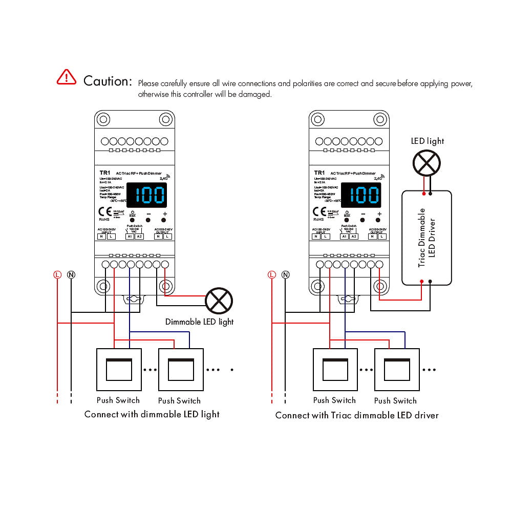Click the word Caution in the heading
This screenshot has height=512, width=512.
click(108, 81)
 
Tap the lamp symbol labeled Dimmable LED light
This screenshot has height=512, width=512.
click(219, 301)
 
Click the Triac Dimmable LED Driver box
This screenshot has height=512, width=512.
click(427, 237)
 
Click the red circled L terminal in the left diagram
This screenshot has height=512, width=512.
click(57, 274)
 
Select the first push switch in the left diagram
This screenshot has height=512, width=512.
click(119, 370)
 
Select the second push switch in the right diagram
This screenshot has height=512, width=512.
click(396, 370)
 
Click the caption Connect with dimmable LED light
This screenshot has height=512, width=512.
click(152, 414)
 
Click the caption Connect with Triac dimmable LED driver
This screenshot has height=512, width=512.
click(357, 415)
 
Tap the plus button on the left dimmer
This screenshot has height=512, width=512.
click(165, 220)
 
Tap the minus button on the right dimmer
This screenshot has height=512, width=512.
click(362, 220)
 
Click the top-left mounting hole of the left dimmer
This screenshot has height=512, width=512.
click(103, 120)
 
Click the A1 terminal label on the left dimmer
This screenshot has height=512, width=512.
click(130, 236)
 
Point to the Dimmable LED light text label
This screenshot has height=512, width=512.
click(199, 322)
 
